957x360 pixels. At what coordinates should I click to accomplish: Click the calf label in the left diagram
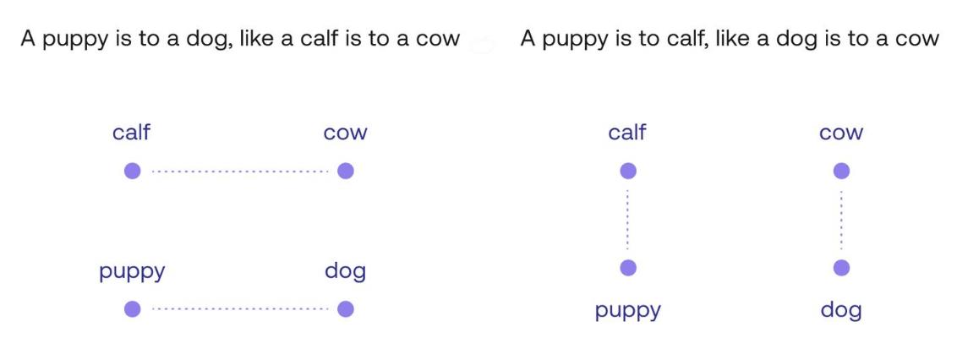tap(131, 133)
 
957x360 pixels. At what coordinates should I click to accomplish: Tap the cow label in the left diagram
tap(345, 134)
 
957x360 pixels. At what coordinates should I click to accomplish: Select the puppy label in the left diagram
tap(132, 272)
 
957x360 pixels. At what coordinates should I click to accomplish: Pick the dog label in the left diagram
tap(345, 272)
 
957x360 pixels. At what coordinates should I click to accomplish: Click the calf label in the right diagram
tap(626, 133)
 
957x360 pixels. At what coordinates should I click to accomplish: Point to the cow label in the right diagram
tap(841, 134)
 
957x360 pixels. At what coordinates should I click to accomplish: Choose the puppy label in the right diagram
tap(627, 311)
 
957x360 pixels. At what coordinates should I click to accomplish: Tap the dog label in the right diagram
tap(841, 310)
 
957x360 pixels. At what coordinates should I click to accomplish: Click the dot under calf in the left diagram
tap(132, 172)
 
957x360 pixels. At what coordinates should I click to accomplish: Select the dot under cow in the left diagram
tap(345, 172)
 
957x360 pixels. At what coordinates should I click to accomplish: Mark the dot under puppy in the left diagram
tap(132, 309)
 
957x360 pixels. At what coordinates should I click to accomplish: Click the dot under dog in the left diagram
tap(345, 309)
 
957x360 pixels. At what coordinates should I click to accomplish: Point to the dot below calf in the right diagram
tap(627, 172)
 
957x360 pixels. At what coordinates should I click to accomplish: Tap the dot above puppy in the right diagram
tap(627, 268)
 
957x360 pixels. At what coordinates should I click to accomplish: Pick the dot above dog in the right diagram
tap(841, 268)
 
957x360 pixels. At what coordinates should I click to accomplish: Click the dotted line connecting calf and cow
tap(239, 172)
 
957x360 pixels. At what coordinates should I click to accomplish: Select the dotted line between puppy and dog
tap(239, 309)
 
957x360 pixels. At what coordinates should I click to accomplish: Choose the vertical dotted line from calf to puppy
tap(627, 220)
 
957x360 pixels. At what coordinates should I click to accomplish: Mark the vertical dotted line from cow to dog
tap(841, 220)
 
